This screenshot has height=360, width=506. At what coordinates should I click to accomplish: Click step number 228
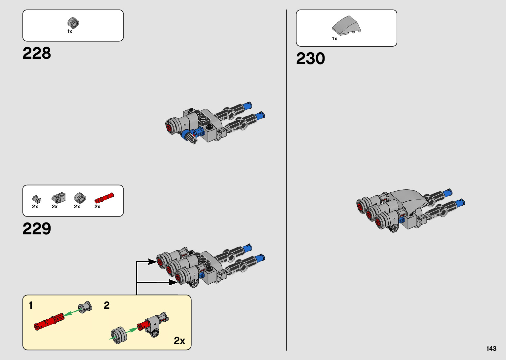click(37, 53)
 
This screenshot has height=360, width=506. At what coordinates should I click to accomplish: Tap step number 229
click(37, 229)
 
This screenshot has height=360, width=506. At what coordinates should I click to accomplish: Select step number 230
click(310, 59)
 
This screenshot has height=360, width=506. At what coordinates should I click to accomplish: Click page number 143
click(491, 348)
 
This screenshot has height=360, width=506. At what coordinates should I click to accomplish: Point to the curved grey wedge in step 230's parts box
click(347, 25)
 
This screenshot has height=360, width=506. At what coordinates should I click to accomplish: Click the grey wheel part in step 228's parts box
click(73, 23)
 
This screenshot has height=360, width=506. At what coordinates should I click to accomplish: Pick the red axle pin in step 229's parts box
click(104, 198)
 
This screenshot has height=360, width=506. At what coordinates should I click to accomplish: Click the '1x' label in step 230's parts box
click(334, 39)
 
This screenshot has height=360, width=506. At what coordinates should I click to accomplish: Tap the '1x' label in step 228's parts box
click(70, 31)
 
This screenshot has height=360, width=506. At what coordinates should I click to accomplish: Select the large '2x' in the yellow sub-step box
click(179, 340)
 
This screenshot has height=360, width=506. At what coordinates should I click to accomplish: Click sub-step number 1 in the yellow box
click(31, 305)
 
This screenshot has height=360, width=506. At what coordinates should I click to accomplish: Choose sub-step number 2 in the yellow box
click(106, 305)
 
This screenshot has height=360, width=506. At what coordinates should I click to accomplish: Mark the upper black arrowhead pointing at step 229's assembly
click(153, 262)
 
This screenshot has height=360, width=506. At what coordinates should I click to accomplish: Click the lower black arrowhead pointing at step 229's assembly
click(173, 282)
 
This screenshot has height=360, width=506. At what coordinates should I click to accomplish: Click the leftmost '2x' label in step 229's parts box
click(35, 207)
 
